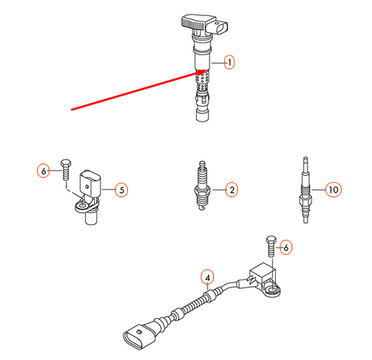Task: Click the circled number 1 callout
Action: coord(229,62)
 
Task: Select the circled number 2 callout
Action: coord(232,190)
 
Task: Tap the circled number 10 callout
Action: coord(334,190)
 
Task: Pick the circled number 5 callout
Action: coord(121,190)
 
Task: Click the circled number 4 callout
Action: coord(207,277)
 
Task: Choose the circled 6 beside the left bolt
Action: coord(43,170)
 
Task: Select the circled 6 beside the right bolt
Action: coord(286,248)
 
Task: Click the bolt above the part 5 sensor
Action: coord(66,170)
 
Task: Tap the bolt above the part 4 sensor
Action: coord(271,246)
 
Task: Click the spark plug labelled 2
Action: coord(202,186)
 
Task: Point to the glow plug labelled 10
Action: coord(306,190)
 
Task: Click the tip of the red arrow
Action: coord(208,70)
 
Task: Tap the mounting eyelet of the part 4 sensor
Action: coord(272,290)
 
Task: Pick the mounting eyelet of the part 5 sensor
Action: coord(83,206)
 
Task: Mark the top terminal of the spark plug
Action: coord(202,165)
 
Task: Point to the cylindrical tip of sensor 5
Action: coord(91,218)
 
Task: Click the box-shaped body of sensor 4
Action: coord(263,273)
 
